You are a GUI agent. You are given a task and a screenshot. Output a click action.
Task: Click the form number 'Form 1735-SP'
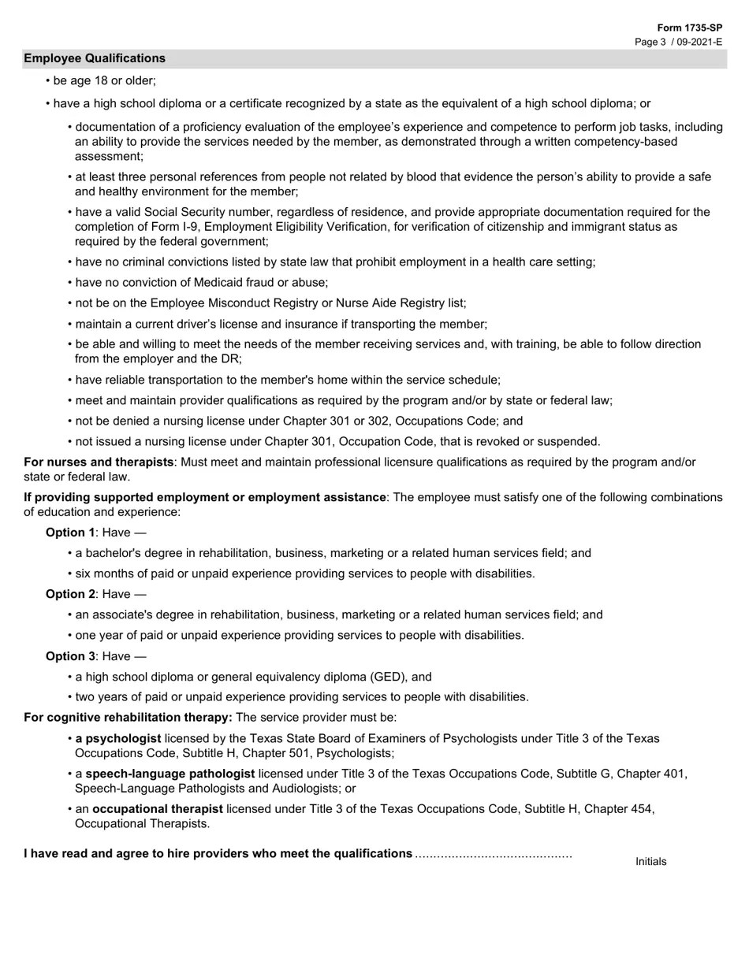click(x=689, y=28)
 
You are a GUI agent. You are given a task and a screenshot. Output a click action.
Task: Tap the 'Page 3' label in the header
click(x=651, y=42)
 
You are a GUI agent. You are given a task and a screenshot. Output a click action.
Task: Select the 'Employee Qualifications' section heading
click(x=95, y=58)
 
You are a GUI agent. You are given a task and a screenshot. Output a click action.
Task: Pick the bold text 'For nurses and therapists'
click(x=99, y=462)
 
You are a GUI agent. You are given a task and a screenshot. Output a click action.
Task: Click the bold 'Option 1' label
click(x=70, y=532)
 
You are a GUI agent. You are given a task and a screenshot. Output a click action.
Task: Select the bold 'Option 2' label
click(x=70, y=594)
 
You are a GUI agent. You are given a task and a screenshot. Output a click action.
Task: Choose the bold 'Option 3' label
click(x=70, y=656)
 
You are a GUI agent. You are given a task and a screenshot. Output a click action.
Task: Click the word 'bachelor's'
click(x=114, y=553)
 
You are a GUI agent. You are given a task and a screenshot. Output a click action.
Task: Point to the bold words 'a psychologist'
click(x=118, y=738)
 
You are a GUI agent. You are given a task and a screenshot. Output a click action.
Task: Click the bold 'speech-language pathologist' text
click(x=170, y=774)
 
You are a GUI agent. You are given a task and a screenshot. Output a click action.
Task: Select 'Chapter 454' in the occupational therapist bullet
click(x=620, y=808)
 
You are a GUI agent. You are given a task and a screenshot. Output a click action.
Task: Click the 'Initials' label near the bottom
click(x=650, y=861)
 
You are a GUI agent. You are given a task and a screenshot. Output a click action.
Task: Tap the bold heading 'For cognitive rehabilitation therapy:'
click(x=128, y=717)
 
